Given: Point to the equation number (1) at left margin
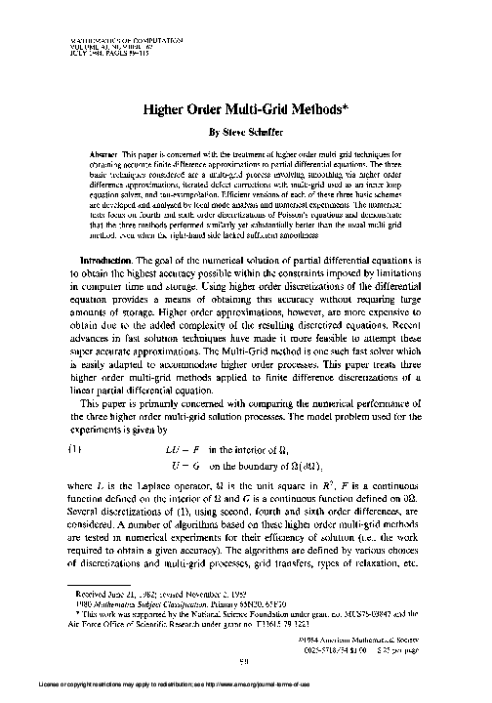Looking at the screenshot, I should click(x=71, y=448).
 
